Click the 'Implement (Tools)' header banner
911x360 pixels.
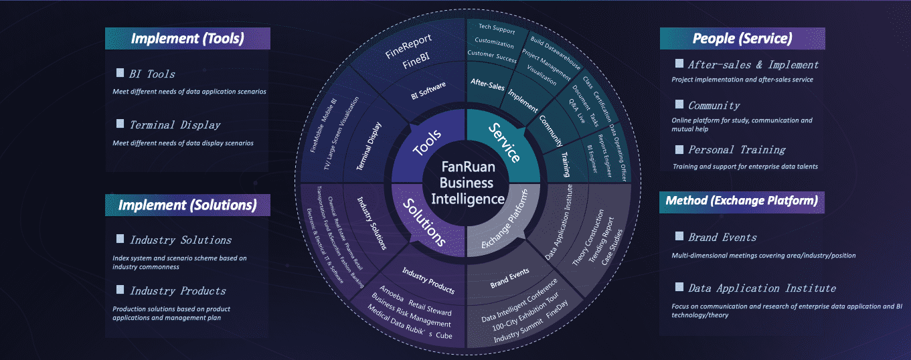187,39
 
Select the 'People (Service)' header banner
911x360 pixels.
742,39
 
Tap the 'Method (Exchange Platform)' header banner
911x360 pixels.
742,202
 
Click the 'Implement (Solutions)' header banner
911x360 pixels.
187,205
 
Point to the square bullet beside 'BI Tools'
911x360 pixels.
120,73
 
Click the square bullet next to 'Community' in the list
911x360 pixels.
679,104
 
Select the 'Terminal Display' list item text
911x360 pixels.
175,125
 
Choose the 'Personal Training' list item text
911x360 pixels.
736,150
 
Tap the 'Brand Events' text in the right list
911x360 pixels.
722,237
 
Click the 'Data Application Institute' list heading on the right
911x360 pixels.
762,288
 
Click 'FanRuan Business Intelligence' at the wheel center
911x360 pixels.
467,183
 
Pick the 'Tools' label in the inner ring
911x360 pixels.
426,143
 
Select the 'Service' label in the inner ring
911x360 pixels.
504,143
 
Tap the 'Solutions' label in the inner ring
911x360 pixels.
424,223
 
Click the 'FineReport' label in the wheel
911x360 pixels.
408,46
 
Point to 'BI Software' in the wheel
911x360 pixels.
428,90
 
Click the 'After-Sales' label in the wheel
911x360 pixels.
487,84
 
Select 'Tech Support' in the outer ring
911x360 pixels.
497,29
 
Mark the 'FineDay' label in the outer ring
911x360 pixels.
557,309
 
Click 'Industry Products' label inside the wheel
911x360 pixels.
428,280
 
